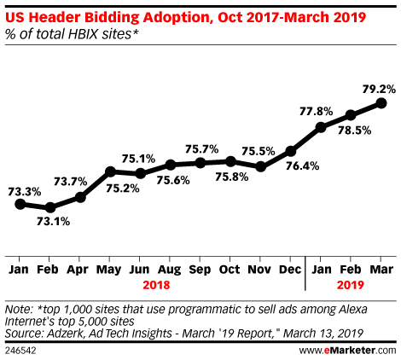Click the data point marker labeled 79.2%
[x=381, y=102]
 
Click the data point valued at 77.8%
[x=321, y=128]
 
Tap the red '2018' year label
[x=156, y=284]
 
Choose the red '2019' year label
[x=350, y=284]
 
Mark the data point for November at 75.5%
[x=261, y=166]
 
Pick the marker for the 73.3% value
[x=20, y=203]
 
